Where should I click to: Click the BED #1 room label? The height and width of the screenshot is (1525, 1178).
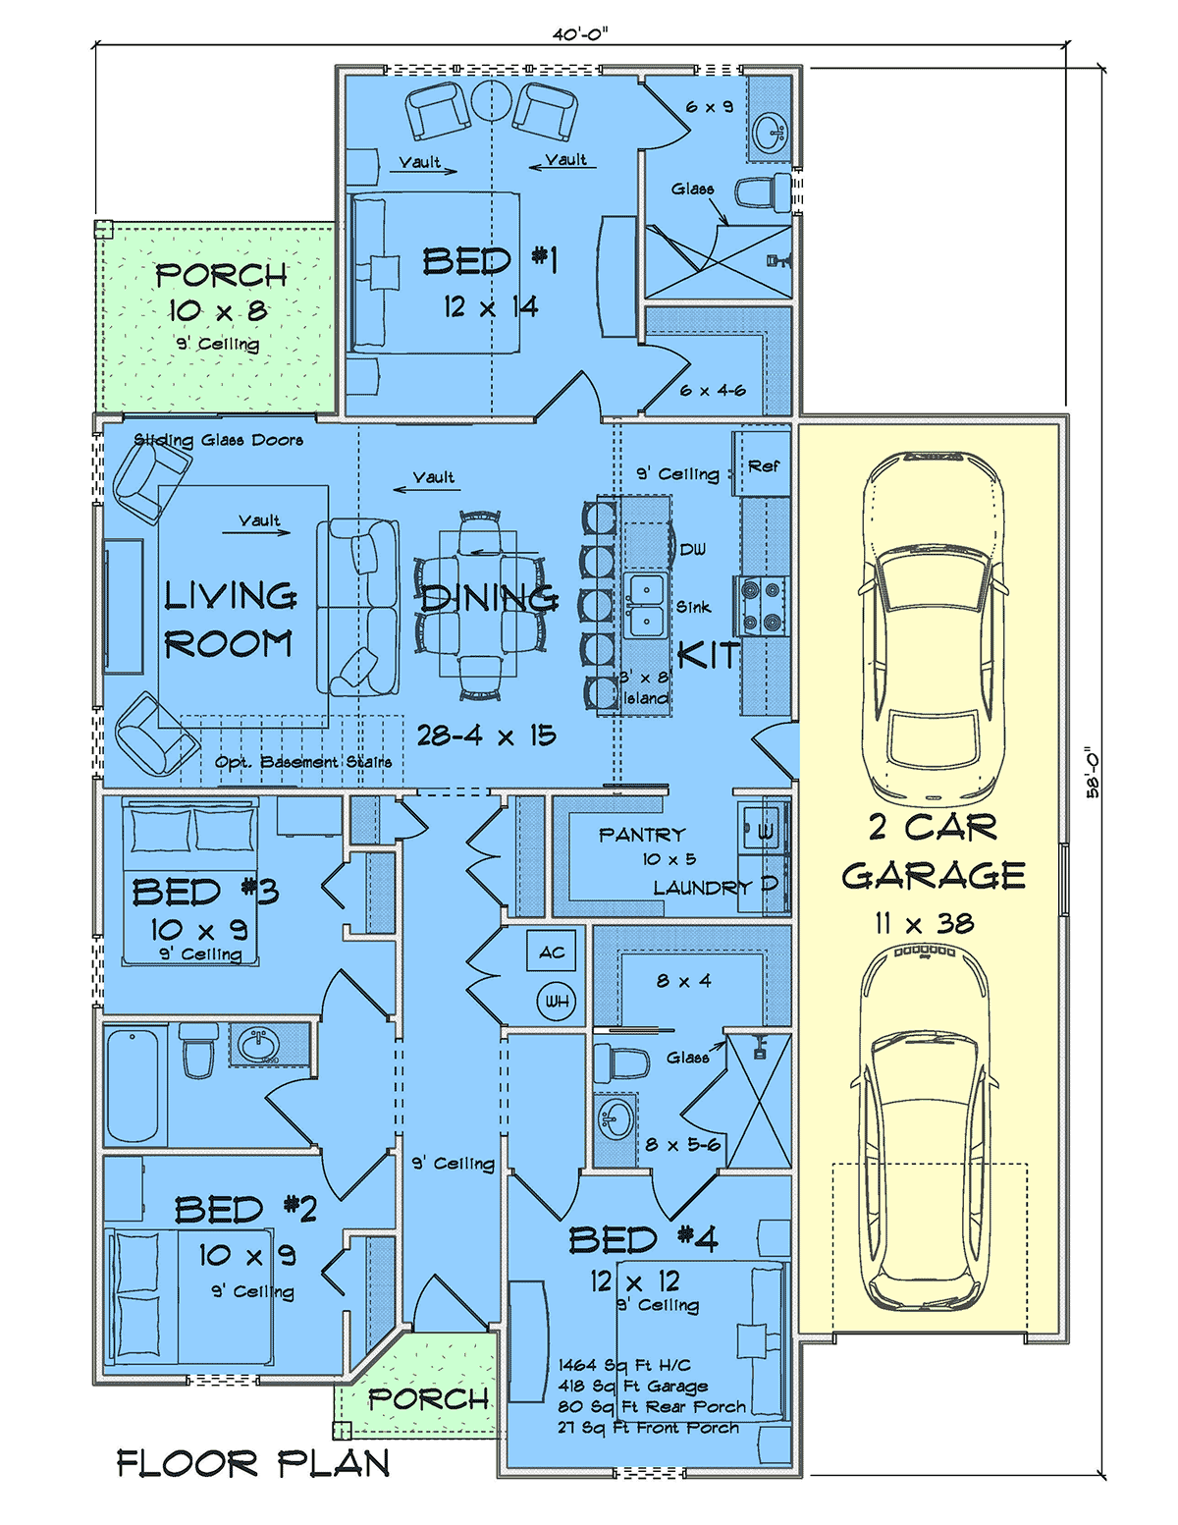pos(490,261)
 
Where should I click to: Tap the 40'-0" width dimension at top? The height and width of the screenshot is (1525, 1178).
pos(580,34)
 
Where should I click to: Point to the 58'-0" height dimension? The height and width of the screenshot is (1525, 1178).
pos(1094,771)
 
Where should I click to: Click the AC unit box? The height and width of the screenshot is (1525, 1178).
pos(552,951)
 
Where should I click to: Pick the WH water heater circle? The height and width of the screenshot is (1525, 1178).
pos(557,1002)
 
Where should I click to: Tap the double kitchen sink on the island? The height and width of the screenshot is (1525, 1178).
pos(645,605)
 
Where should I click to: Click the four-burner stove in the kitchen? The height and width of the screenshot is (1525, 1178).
pos(762,606)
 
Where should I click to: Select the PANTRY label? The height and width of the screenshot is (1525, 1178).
pos(641,835)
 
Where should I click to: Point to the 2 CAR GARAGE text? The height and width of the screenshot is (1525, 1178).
pos(934,851)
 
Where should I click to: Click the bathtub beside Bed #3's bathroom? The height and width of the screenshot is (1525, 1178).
pos(133,1086)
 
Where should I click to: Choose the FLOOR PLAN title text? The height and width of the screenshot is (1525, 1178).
pos(252,1464)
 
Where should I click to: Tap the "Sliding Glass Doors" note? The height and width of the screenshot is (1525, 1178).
pos(218,440)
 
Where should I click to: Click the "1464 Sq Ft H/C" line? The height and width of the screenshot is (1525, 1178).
pos(624,1365)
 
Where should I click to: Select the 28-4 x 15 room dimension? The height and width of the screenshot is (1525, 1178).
pos(486,735)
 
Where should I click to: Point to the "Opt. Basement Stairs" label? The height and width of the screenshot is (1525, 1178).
pos(303,761)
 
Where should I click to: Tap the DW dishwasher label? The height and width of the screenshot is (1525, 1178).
pos(692,550)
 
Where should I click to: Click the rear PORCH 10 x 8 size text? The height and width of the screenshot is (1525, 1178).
pos(218,310)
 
